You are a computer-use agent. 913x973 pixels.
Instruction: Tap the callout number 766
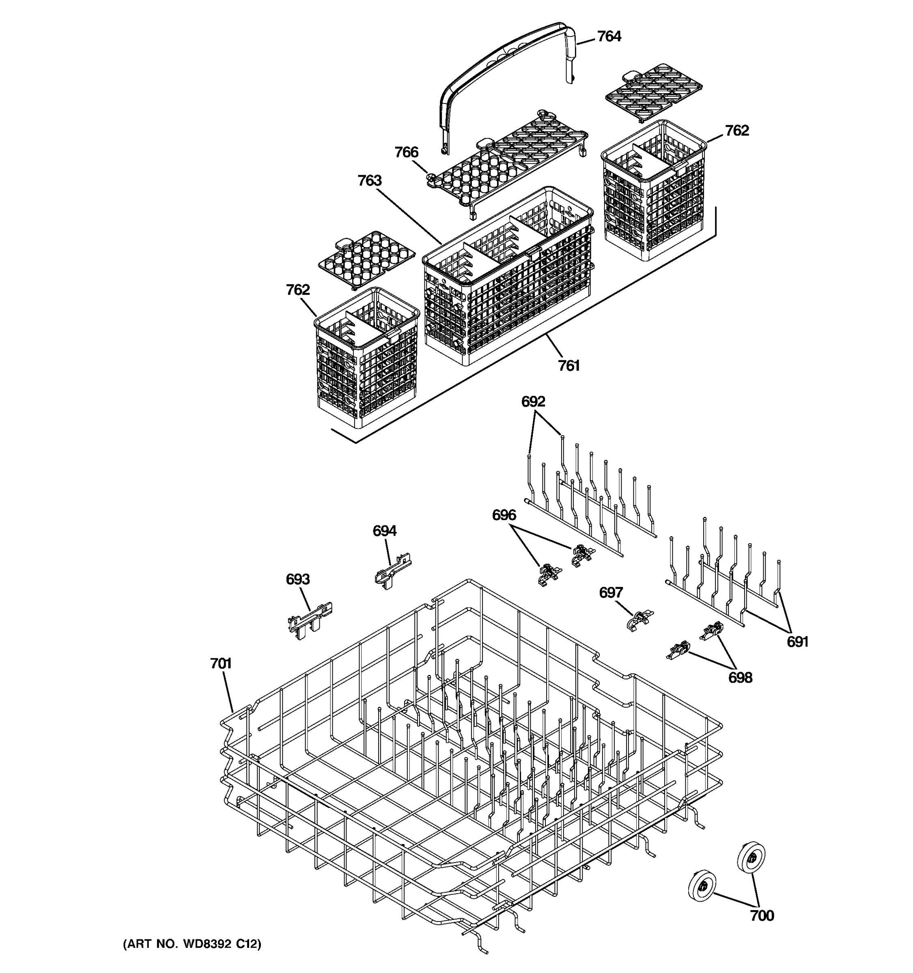(407, 153)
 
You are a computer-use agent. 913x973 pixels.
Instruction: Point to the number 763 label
(369, 181)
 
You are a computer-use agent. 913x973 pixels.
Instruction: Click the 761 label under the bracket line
(568, 366)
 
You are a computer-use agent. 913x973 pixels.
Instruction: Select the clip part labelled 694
(393, 572)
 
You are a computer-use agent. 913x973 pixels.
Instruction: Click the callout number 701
(220, 664)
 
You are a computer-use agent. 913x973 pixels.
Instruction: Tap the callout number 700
(762, 916)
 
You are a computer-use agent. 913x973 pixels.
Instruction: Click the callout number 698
(740, 678)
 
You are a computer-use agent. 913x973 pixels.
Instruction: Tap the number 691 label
(797, 642)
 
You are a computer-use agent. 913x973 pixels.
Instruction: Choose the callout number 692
(533, 402)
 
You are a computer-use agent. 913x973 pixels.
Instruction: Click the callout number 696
(504, 515)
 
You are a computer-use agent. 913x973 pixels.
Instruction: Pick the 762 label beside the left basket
(298, 290)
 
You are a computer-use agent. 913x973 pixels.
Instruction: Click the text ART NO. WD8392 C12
(192, 944)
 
